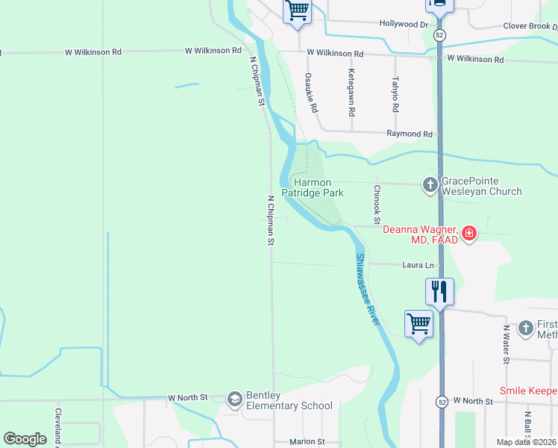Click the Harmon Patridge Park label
tap(319, 187)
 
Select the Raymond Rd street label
tap(410, 134)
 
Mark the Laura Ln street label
tap(418, 264)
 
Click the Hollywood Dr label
tap(404, 24)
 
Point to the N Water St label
tap(507, 344)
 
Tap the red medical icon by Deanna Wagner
tap(468, 234)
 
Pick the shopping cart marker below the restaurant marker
tap(418, 323)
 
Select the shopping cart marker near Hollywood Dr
tap(297, 10)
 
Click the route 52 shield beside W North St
tap(442, 401)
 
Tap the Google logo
tap(25, 439)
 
